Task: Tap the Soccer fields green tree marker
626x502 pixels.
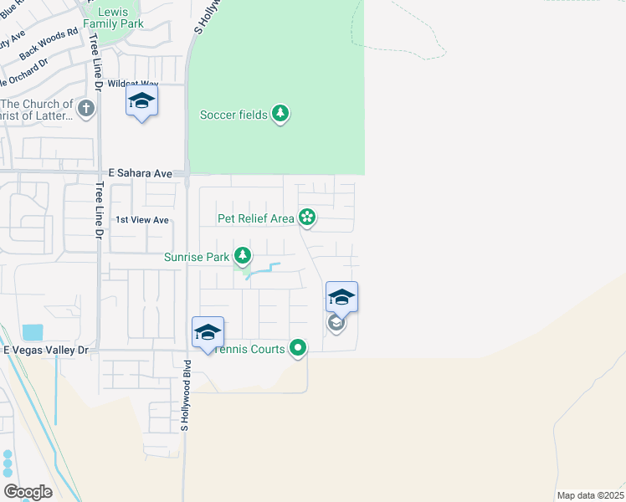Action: click(280, 114)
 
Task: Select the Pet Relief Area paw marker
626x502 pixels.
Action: click(307, 218)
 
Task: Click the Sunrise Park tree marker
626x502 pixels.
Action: click(243, 256)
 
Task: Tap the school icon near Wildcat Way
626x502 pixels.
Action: click(141, 101)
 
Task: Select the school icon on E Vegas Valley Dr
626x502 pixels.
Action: click(208, 333)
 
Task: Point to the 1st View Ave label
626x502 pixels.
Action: click(142, 220)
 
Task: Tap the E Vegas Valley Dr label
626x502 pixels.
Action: click(46, 349)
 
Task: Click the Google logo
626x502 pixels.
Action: click(28, 492)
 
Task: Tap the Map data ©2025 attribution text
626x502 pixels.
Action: click(589, 495)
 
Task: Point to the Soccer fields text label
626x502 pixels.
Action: click(233, 115)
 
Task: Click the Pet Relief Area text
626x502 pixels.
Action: click(256, 218)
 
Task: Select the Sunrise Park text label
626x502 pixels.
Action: click(197, 258)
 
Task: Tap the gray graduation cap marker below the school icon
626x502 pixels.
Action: click(336, 323)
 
